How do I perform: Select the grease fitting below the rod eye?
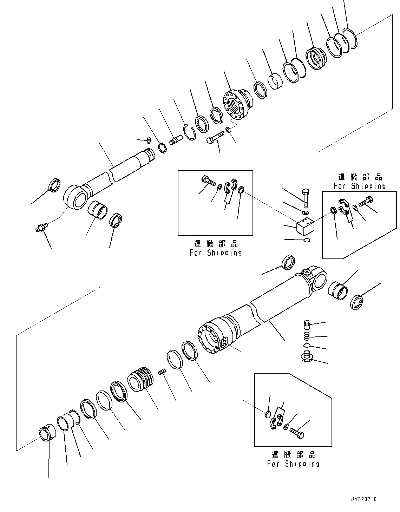[x=41, y=229]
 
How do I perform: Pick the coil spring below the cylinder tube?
[x=307, y=336]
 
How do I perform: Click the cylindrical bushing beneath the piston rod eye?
[x=98, y=210]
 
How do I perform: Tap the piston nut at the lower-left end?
[x=46, y=433]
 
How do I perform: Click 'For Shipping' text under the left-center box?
[x=215, y=252]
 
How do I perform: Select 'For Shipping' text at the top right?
[x=359, y=186]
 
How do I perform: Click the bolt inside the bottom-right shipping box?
[x=297, y=433]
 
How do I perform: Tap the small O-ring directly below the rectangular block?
[x=307, y=240]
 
